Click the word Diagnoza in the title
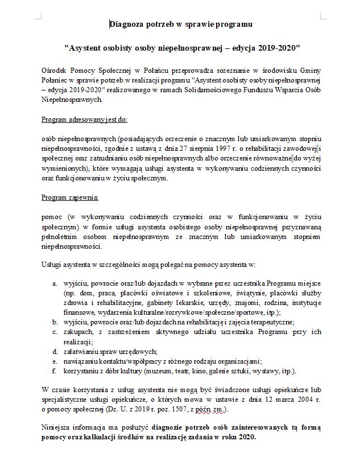coord(127,24)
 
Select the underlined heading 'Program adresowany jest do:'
coord(85,120)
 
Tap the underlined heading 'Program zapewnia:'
coord(70,197)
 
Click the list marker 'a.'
coord(55,283)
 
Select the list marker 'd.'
coord(55,351)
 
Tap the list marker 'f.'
coord(55,371)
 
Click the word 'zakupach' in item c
coord(78,331)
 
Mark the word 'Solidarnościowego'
coord(213,90)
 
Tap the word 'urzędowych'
coord(137,351)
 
